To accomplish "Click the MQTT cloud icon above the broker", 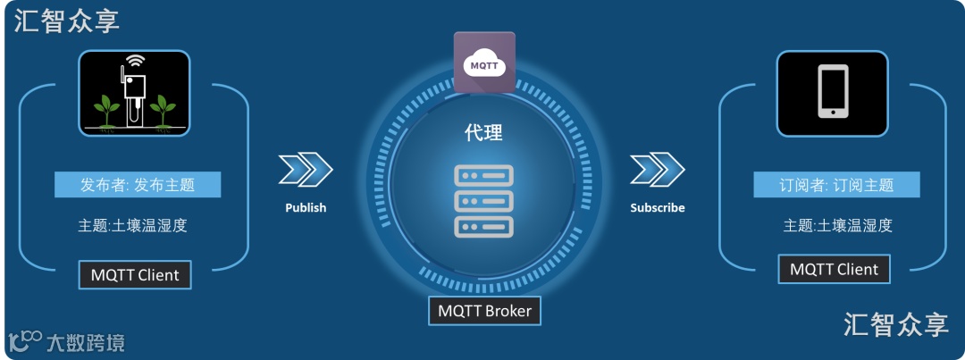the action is (x=484, y=63).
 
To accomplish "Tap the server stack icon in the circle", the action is (x=483, y=201).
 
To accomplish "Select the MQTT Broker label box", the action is (x=484, y=311).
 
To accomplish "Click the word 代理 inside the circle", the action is (x=483, y=133).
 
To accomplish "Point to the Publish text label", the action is (x=306, y=207).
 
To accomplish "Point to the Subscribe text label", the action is (x=657, y=207).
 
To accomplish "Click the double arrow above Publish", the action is (x=306, y=169).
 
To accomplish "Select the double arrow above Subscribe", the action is (x=657, y=169).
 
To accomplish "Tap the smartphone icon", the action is (x=832, y=92).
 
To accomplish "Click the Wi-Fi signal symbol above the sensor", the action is (x=135, y=62).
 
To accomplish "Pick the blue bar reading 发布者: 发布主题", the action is (x=138, y=185).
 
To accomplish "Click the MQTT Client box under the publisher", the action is (x=135, y=275).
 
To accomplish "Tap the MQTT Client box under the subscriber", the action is (x=834, y=269).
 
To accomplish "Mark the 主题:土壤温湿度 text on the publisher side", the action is (x=132, y=225).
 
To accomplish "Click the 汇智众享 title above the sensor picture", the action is (x=67, y=21).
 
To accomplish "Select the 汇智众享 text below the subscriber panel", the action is (x=896, y=324).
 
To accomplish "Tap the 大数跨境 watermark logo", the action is (x=67, y=341).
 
